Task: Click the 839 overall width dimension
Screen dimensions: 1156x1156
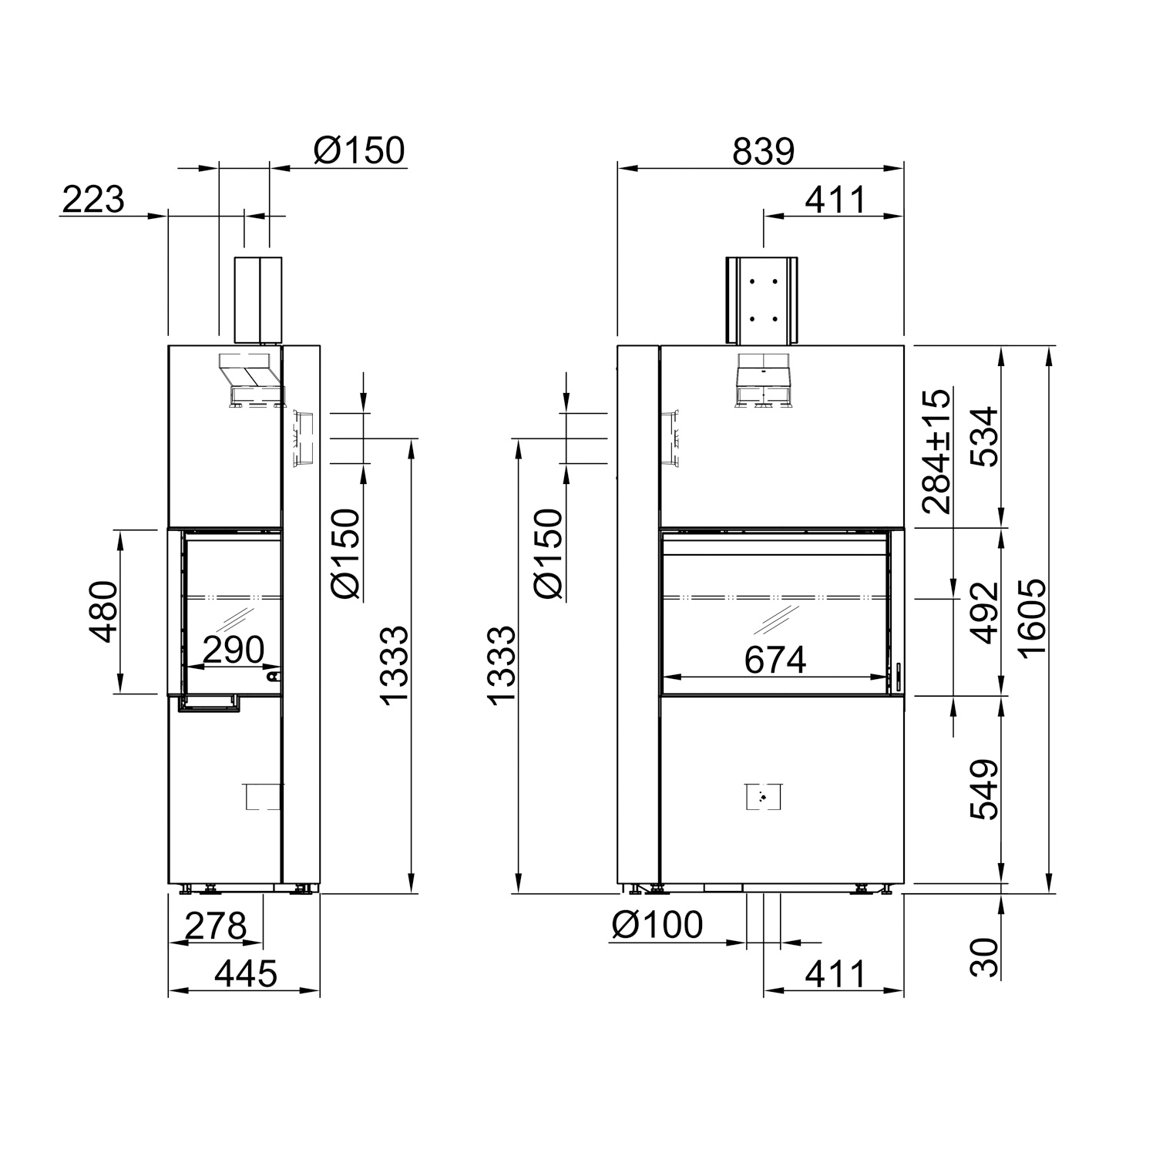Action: (762, 152)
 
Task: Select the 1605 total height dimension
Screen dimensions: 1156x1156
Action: (1031, 617)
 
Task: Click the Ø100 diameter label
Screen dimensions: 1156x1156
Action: (657, 925)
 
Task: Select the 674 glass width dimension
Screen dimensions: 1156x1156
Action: (775, 660)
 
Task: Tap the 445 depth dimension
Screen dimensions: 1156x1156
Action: (245, 974)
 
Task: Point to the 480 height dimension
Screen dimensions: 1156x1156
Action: (103, 612)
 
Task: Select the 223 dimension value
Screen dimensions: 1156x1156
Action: (92, 200)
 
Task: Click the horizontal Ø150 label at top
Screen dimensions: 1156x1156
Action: (358, 151)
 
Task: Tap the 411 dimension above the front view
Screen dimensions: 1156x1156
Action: (835, 200)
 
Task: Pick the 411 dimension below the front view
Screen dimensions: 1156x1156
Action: (835, 974)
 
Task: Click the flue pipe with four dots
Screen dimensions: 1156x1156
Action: (762, 301)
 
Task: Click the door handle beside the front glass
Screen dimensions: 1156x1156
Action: (897, 677)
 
